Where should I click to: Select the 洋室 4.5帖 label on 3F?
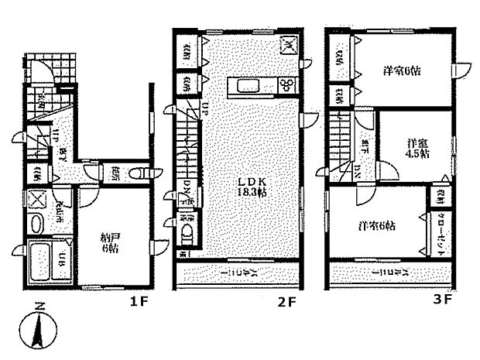coord(419,147)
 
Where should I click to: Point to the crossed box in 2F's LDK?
coord(288,46)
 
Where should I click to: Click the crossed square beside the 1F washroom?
coord(36,198)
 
